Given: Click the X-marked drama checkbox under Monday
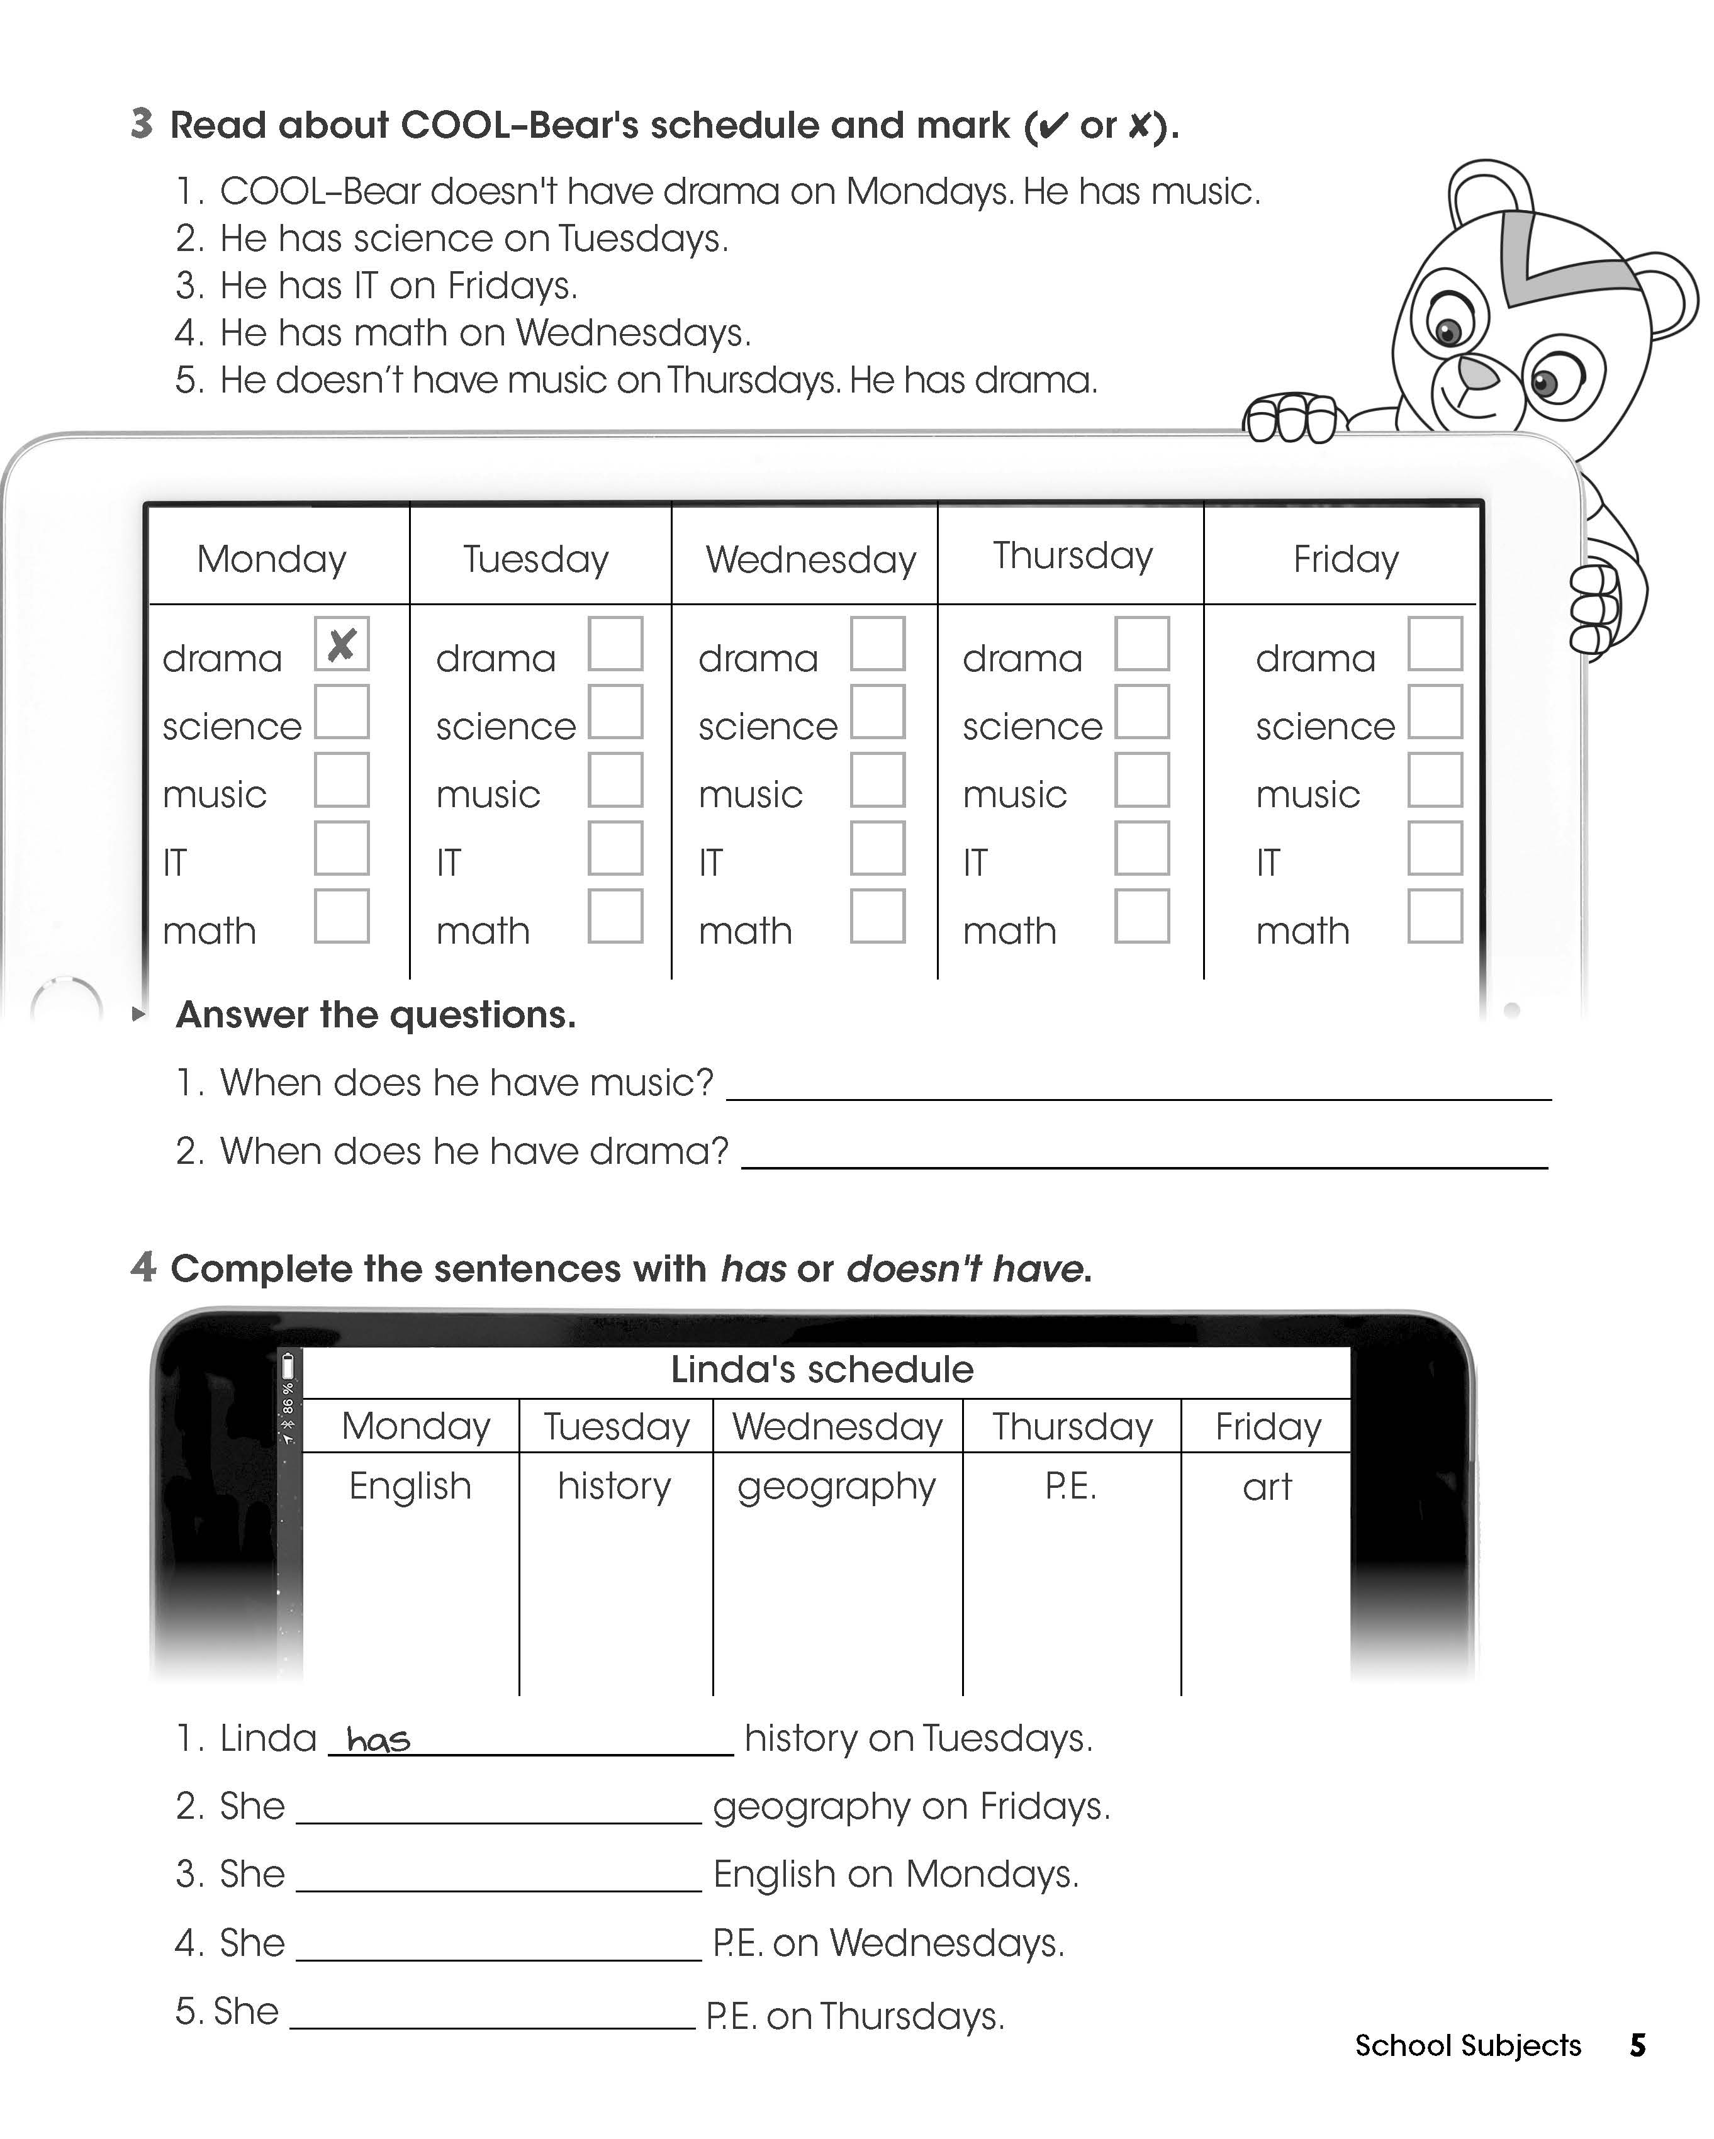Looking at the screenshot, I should (x=342, y=644).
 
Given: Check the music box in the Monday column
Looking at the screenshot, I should (x=342, y=780).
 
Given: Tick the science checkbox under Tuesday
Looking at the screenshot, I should (x=615, y=712).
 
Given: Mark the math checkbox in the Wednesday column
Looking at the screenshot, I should (x=877, y=916).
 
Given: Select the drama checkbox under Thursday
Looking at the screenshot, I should (x=1141, y=644).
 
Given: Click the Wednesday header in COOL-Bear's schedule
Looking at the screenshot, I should (x=811, y=559).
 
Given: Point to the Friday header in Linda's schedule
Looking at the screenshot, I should (x=1269, y=1427).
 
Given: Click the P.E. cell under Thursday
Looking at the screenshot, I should (x=1071, y=1486).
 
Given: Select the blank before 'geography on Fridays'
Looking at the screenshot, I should (x=499, y=1809).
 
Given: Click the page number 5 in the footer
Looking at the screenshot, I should (x=1638, y=2046).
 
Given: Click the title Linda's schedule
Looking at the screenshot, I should (x=822, y=1370).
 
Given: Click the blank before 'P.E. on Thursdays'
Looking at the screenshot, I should (x=492, y=2016).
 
